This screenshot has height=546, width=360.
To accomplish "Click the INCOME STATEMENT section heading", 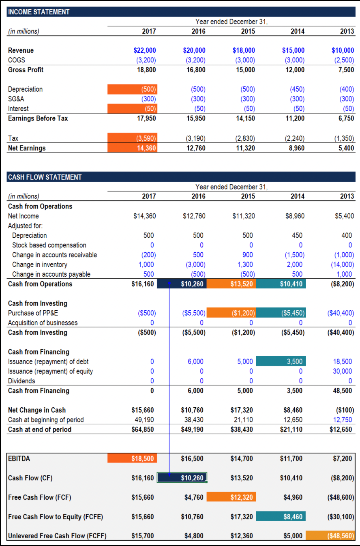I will [39, 12].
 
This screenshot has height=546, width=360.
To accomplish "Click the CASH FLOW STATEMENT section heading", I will [45, 177].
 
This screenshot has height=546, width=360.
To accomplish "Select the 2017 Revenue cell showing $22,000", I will [145, 51].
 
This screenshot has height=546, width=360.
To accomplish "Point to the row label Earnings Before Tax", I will [38, 118].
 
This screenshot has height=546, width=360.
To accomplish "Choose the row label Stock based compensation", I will [49, 245].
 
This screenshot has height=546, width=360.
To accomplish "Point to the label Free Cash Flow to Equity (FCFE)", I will [56, 517].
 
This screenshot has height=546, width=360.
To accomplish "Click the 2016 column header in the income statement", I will [198, 31].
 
